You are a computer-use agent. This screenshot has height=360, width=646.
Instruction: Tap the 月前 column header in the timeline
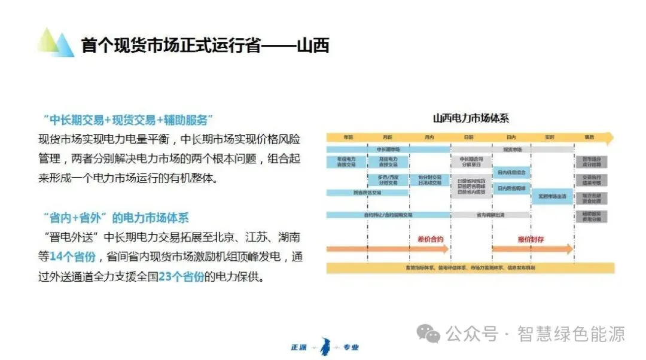click(388, 138)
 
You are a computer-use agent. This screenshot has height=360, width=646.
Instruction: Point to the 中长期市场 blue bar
click(388, 149)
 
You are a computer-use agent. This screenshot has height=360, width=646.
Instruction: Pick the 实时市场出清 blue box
click(552, 196)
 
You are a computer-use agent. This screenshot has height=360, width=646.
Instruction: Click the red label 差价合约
click(430, 239)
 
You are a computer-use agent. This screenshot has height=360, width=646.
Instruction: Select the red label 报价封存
click(531, 239)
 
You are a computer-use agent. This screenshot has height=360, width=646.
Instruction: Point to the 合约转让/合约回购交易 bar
click(388, 215)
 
